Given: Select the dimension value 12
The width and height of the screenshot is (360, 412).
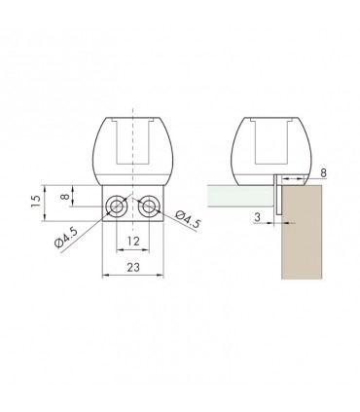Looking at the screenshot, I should click(x=133, y=240).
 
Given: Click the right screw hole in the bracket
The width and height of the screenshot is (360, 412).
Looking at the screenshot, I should click(x=149, y=206).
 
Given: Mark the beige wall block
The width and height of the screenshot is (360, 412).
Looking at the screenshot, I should click(x=306, y=234).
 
